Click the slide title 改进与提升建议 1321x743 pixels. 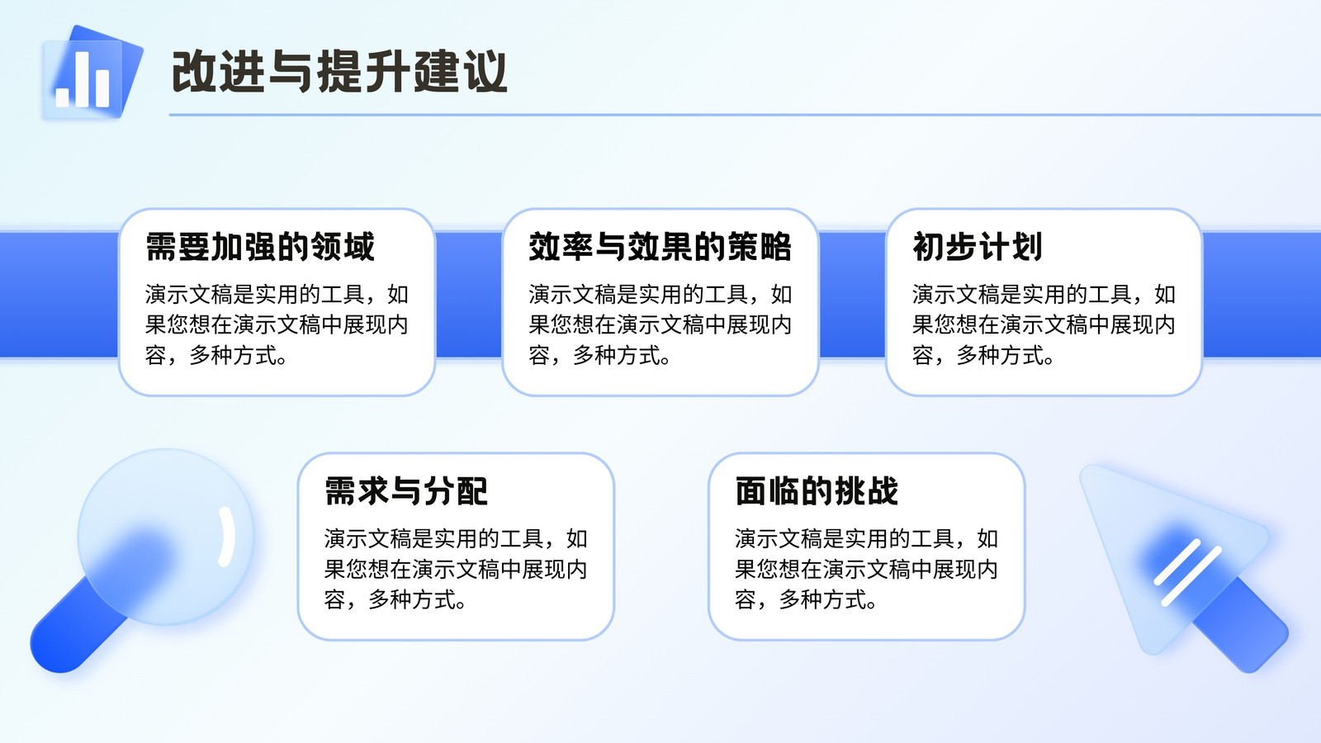point(339,71)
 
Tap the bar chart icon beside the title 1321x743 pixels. point(92,72)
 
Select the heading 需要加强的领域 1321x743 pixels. point(260,247)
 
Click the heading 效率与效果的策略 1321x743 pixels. point(660,247)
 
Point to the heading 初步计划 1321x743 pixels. point(978,247)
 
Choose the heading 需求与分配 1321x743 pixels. point(406,490)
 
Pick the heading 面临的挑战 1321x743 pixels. point(817,490)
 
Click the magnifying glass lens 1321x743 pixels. point(166,537)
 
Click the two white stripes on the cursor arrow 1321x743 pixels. point(1187,573)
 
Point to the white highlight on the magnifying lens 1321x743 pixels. point(226,537)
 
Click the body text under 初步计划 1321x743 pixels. point(1044,324)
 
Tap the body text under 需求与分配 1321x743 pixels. point(456,569)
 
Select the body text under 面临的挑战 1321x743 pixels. point(866,569)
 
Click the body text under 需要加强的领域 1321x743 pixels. point(277,324)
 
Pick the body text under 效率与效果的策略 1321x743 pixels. point(660,324)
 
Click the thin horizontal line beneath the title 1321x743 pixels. point(745,115)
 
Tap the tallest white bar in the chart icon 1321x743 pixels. point(82,79)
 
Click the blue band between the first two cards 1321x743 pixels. point(469,295)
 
